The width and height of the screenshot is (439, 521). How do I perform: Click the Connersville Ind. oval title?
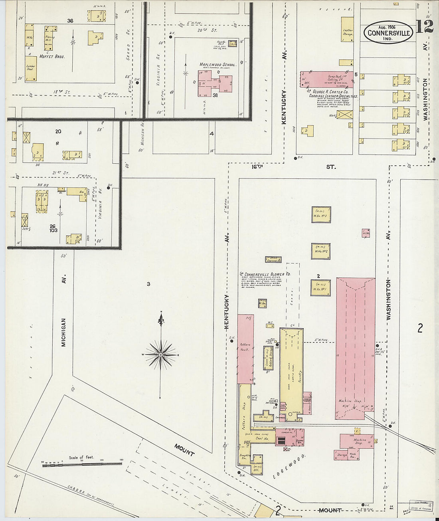pyautogui.click(x=388, y=32)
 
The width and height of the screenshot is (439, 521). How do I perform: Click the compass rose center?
pyautogui.click(x=160, y=355)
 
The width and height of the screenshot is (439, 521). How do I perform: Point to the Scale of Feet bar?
pyautogui.click(x=82, y=464)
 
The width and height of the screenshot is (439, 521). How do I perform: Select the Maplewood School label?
pyautogui.click(x=218, y=64)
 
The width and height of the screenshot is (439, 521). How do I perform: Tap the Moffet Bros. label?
pyautogui.click(x=52, y=57)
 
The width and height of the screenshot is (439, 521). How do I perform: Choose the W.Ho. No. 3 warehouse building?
pyautogui.click(x=321, y=214)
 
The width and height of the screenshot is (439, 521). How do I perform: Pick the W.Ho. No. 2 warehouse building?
pyautogui.click(x=321, y=251)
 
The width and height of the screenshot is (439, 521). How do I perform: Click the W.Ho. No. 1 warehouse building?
pyautogui.click(x=321, y=287)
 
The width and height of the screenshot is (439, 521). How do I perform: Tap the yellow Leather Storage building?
pyautogui.click(x=347, y=29)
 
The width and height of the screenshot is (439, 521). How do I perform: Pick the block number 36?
pyautogui.click(x=70, y=21)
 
